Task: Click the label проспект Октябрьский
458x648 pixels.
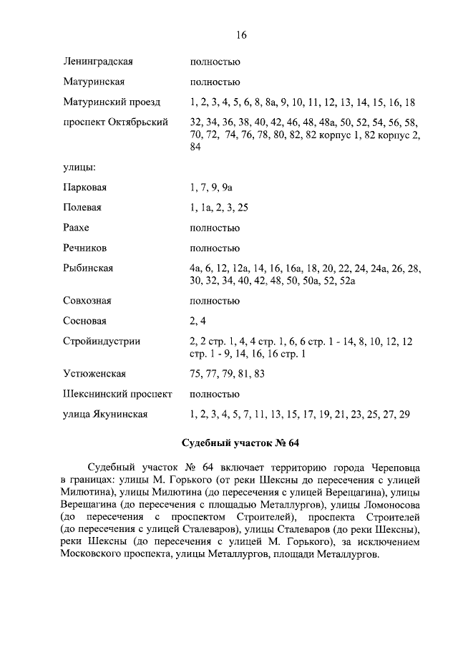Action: point(115,122)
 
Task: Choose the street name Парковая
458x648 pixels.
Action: point(84,188)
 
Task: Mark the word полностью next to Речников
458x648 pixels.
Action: point(215,248)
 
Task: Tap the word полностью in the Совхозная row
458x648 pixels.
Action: point(215,301)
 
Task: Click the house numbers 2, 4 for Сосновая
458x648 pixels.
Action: point(198,321)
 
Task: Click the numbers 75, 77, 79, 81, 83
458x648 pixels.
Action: point(227,374)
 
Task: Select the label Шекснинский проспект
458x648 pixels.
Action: point(117,394)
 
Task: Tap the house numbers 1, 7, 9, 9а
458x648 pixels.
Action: point(212,188)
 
